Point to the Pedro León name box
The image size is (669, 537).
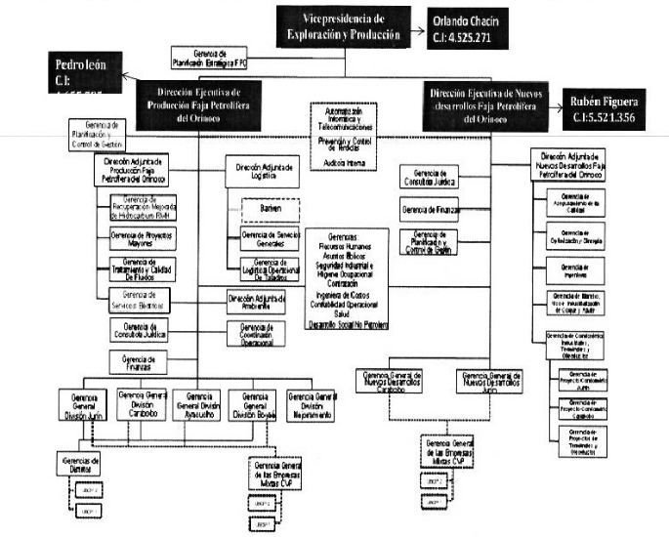click(x=71, y=73)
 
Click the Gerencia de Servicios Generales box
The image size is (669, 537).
click(x=269, y=239)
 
